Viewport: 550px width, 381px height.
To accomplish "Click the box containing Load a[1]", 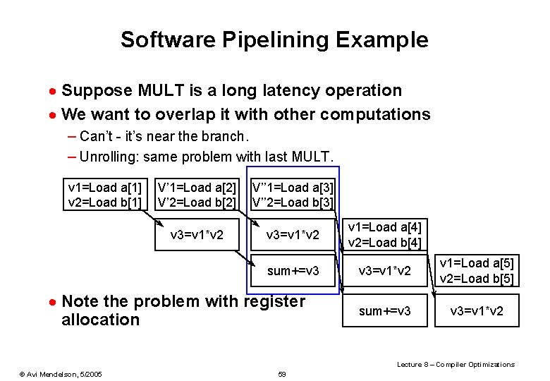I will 105,195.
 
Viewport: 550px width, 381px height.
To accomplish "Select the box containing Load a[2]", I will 197,195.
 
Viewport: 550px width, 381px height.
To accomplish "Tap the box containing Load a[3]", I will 293,195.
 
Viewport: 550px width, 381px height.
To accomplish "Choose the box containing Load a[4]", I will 385,235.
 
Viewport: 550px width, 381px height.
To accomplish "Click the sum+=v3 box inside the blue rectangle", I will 293,271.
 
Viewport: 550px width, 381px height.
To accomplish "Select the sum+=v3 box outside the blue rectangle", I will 385,311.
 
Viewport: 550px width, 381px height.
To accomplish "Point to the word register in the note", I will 274,301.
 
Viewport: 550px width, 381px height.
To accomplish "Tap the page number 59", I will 282,373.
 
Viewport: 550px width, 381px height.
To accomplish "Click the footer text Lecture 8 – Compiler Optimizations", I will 456,364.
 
